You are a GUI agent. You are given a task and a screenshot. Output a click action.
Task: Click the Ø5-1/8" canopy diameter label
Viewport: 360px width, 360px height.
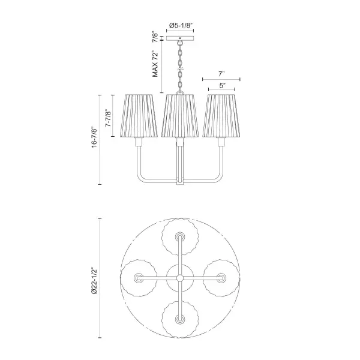click(x=180, y=25)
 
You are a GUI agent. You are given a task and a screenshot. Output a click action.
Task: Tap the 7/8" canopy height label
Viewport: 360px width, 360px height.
click(x=155, y=38)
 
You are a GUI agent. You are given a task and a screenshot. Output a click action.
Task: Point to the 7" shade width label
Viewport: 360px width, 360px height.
click(x=221, y=74)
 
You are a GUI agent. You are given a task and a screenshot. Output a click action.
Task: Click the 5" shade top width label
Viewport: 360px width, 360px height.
click(x=222, y=86)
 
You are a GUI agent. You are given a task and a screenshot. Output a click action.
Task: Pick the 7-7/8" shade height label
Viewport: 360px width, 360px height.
click(x=108, y=118)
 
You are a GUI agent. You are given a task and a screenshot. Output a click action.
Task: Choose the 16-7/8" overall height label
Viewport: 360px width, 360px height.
click(x=94, y=137)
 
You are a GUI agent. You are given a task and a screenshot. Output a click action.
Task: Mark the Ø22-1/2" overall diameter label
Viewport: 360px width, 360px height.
click(x=94, y=280)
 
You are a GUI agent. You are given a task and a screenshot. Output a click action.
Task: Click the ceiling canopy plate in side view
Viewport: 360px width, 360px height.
click(x=180, y=38)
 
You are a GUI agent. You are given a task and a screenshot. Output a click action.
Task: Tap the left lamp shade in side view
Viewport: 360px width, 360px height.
click(x=139, y=115)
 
